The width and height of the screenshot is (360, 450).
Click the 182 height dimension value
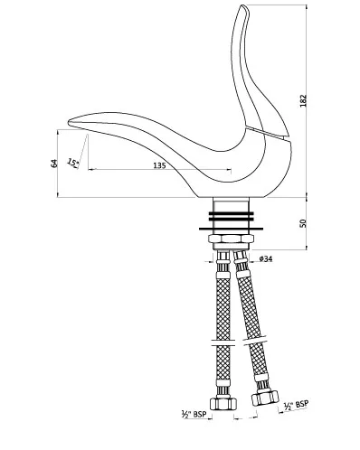tap(303, 100)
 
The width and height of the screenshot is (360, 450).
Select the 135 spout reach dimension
tap(159, 165)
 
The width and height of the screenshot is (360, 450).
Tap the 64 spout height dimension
tap(54, 164)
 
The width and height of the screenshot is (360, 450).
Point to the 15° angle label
tap(73, 163)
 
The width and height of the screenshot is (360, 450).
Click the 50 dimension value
tap(303, 223)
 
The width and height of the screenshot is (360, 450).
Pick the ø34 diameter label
tap(265, 258)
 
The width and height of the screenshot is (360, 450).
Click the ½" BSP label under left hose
tap(194, 414)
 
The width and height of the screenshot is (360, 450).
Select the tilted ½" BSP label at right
tap(296, 406)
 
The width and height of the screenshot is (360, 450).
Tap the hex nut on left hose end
tap(223, 403)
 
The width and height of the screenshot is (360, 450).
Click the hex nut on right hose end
tap(265, 398)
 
